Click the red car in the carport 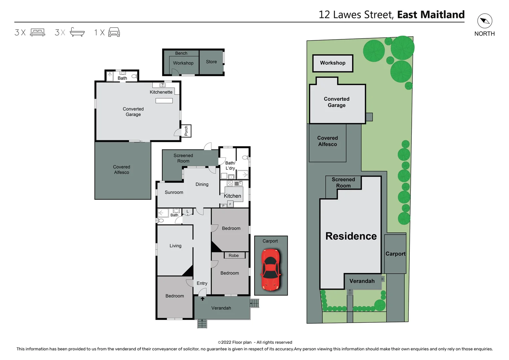270,269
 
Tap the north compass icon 484,21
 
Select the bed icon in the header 37,32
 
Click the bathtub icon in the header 77,32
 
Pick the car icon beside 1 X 114,32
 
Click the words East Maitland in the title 431,15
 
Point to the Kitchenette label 161,92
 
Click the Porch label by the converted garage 186,131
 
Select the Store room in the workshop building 211,62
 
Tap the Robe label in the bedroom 234,255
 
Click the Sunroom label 174,192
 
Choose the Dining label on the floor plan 202,184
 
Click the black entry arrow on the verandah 202,299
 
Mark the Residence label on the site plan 351,236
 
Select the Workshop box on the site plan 332,63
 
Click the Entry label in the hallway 202,283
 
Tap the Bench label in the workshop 181,53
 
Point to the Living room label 175,246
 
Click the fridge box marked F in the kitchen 230,204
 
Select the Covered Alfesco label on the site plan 327,141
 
